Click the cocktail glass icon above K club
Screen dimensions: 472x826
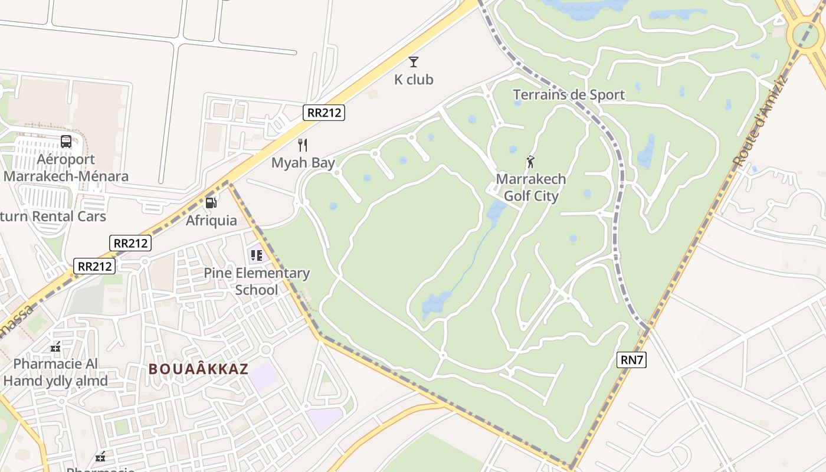pyautogui.click(x=414, y=61)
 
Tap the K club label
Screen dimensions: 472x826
pyautogui.click(x=414, y=79)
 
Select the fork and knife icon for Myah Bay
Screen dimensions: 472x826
pyautogui.click(x=303, y=145)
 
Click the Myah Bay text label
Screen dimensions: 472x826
pyautogui.click(x=303, y=163)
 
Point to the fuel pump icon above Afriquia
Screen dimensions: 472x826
pyautogui.click(x=211, y=203)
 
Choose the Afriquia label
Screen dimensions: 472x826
pyautogui.click(x=211, y=221)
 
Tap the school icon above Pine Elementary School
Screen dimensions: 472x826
pyautogui.click(x=256, y=255)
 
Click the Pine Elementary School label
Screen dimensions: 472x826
pyautogui.click(x=257, y=281)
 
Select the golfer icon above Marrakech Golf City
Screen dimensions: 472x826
pyautogui.click(x=530, y=161)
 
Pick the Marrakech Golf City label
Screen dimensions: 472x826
pyautogui.click(x=530, y=188)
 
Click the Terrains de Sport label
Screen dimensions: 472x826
pyautogui.click(x=568, y=95)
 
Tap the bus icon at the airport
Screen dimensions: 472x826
pyautogui.click(x=66, y=142)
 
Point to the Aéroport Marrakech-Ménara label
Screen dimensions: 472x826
pyautogui.click(x=66, y=168)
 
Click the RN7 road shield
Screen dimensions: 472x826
pyautogui.click(x=631, y=360)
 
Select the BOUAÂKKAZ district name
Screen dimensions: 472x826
pyautogui.click(x=198, y=369)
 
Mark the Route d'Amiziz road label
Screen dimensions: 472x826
pyautogui.click(x=760, y=121)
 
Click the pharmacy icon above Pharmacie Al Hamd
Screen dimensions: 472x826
pyautogui.click(x=56, y=348)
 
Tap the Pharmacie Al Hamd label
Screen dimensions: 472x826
pyautogui.click(x=55, y=372)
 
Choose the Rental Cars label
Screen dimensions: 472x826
pyautogui.click(x=53, y=217)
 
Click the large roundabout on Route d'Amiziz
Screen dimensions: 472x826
pyautogui.click(x=805, y=34)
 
